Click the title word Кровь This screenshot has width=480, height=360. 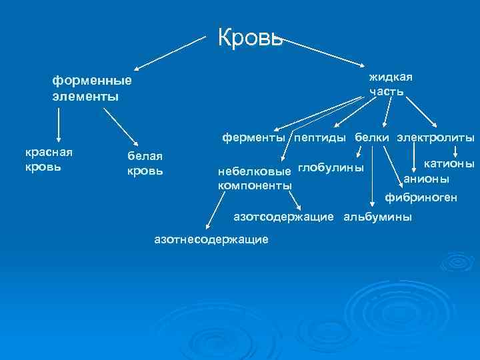coord(251,38)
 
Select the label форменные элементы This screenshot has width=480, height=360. coord(93,89)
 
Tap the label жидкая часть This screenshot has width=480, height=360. coord(391,83)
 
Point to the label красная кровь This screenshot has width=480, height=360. coord(49,159)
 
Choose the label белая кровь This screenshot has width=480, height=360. coord(145,163)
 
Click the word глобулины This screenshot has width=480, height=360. coord(331,167)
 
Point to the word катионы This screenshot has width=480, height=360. coord(449,163)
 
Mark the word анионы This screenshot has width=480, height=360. coord(427,179)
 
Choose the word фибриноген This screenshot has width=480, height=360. coord(421,197)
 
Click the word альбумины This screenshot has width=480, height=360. coord(377,217)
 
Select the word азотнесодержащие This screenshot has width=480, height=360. coord(211,238)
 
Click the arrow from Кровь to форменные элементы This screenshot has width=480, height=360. coord(171,53)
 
